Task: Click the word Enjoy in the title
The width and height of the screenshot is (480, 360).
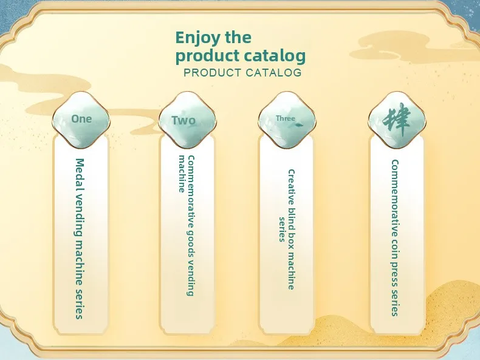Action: (x=197, y=38)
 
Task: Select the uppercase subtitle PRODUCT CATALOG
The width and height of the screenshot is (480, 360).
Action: (x=242, y=73)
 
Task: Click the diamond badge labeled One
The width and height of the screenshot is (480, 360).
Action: (x=81, y=119)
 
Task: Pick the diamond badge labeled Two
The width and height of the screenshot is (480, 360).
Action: (x=187, y=120)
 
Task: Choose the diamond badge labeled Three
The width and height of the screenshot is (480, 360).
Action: (x=287, y=119)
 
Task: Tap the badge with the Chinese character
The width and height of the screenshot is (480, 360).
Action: (x=397, y=120)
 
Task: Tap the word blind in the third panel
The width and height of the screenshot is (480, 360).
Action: (x=291, y=217)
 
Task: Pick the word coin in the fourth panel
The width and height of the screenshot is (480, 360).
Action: (x=395, y=249)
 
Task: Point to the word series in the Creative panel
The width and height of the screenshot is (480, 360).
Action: (x=282, y=229)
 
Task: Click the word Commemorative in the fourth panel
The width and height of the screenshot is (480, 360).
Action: (x=395, y=198)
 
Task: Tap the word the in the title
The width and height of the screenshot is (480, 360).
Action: (x=238, y=38)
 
